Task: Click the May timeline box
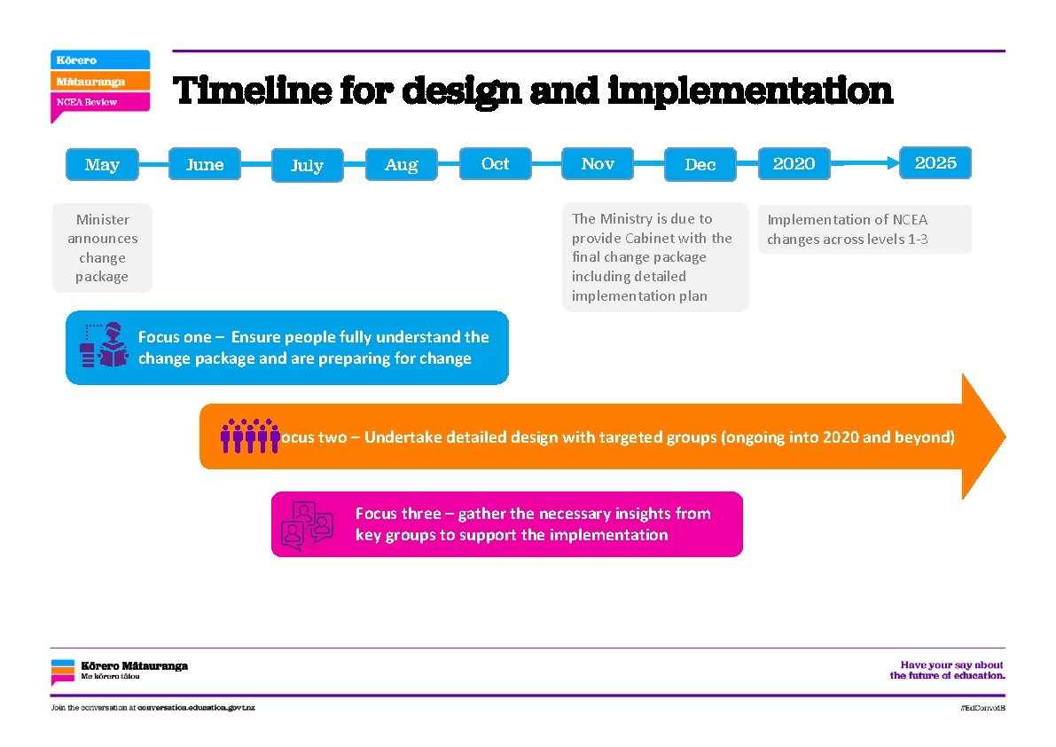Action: (102, 165)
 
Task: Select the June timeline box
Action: (205, 164)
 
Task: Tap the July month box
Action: (307, 165)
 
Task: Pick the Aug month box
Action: (402, 164)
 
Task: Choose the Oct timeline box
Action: (495, 163)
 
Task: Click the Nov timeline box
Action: (598, 163)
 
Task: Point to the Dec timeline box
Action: (700, 164)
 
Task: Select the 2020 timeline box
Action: (794, 163)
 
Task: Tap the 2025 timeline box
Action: (935, 162)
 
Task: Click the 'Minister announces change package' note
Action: (103, 248)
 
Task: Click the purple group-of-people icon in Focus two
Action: (249, 436)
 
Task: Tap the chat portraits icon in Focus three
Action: (306, 524)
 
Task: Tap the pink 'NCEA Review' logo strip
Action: (98, 102)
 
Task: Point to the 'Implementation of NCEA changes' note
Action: (864, 230)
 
